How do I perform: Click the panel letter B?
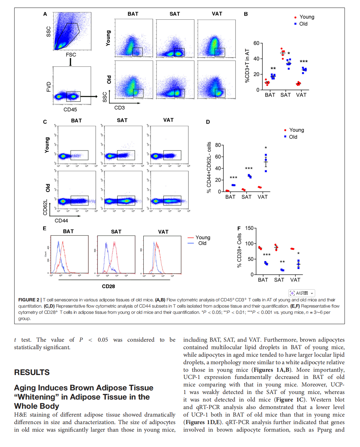(x=246, y=14)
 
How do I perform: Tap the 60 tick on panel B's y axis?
(x=257, y=43)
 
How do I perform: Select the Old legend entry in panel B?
(x=303, y=24)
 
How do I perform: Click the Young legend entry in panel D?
(x=297, y=130)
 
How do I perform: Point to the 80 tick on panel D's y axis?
(x=218, y=145)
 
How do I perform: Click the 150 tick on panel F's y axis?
(x=249, y=228)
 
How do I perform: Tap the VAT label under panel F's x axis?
(x=295, y=280)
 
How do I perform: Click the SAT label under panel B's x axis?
(x=285, y=95)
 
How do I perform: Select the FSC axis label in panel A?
(x=71, y=55)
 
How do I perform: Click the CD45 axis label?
(x=70, y=110)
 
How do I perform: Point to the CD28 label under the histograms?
(x=108, y=286)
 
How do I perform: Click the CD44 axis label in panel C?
(x=61, y=221)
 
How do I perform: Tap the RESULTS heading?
(x=32, y=372)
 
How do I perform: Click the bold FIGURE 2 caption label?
(x=29, y=300)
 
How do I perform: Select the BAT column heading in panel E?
(x=68, y=231)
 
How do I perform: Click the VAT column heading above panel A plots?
(x=217, y=14)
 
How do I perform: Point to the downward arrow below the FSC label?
(x=70, y=62)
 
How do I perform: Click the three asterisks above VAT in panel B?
(x=304, y=62)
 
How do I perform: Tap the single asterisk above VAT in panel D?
(x=266, y=148)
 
